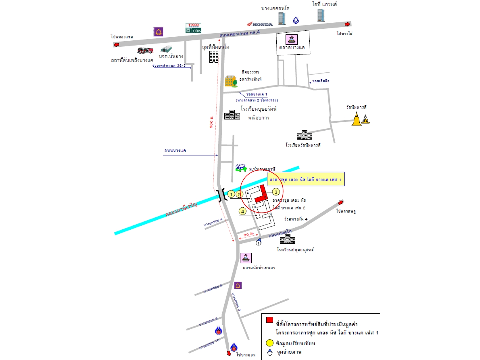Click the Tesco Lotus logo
pos(193,28)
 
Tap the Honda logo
pos(260,24)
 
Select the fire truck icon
pos(145,51)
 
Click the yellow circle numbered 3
pos(276,192)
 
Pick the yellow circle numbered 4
pos(242,211)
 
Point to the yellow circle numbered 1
pos(231,194)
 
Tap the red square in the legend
pos(269,320)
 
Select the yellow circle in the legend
pos(270,343)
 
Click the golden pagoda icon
pos(356,119)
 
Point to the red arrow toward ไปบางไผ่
pos(347,24)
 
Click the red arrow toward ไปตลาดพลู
pos(340,202)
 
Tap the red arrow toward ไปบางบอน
pos(229,353)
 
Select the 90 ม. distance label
pos(248,235)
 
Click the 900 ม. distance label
pos(211,122)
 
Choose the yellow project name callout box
pos(306,179)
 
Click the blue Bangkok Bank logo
pos(296,21)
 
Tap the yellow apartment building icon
pos(231,81)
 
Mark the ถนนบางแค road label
pos(175,151)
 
